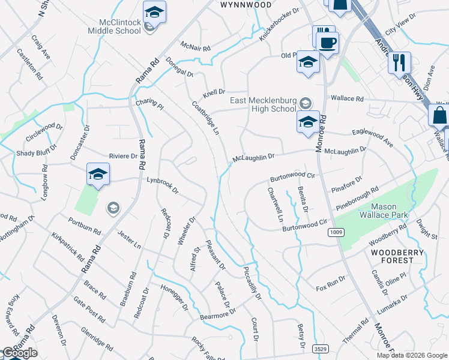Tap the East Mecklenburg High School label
pyautogui.click(x=264, y=104)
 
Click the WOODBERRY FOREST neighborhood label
pyautogui.click(x=392, y=256)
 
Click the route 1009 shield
pyautogui.click(x=336, y=232)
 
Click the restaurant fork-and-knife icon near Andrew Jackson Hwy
pyautogui.click(x=399, y=62)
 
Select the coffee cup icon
pyautogui.click(x=328, y=43)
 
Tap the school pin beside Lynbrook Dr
pyautogui.click(x=98, y=174)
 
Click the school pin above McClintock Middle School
pyautogui.click(x=154, y=12)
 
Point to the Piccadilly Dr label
pyautogui.click(x=253, y=283)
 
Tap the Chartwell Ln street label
pyautogui.click(x=275, y=205)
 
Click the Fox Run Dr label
pyautogui.click(x=331, y=284)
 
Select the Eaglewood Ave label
pyautogui.click(x=372, y=139)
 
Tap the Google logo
pyautogui.click(x=20, y=353)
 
